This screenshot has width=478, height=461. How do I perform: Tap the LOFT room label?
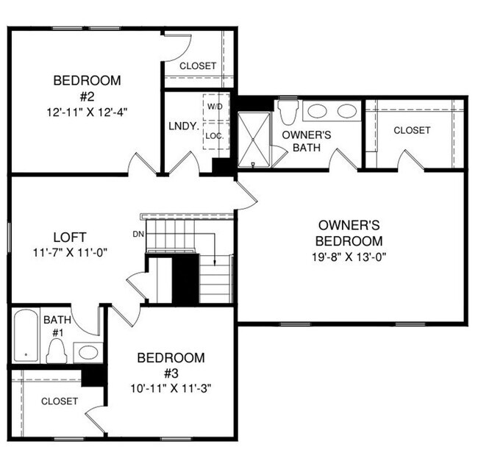pyautogui.click(x=70, y=237)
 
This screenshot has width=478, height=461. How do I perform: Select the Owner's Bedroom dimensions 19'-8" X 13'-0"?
pyautogui.click(x=349, y=257)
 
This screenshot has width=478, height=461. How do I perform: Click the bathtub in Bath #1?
pyautogui.click(x=26, y=337)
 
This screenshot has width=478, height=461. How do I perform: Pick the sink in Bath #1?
pyautogui.click(x=88, y=351)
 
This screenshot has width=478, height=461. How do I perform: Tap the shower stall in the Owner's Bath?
pyautogui.click(x=253, y=139)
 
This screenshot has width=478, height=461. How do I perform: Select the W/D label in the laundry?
pyautogui.click(x=215, y=107)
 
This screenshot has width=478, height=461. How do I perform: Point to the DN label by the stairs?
pyautogui.click(x=138, y=234)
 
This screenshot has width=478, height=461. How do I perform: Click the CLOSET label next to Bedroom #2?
pyautogui.click(x=198, y=66)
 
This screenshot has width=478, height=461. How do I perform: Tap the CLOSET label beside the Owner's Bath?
pyautogui.click(x=412, y=130)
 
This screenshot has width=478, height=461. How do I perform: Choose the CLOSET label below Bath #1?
pyautogui.click(x=60, y=401)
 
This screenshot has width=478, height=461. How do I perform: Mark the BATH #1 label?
pyautogui.click(x=57, y=326)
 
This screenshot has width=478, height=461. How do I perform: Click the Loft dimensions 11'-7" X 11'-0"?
pyautogui.click(x=70, y=252)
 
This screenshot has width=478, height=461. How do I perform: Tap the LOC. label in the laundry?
pyautogui.click(x=215, y=136)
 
